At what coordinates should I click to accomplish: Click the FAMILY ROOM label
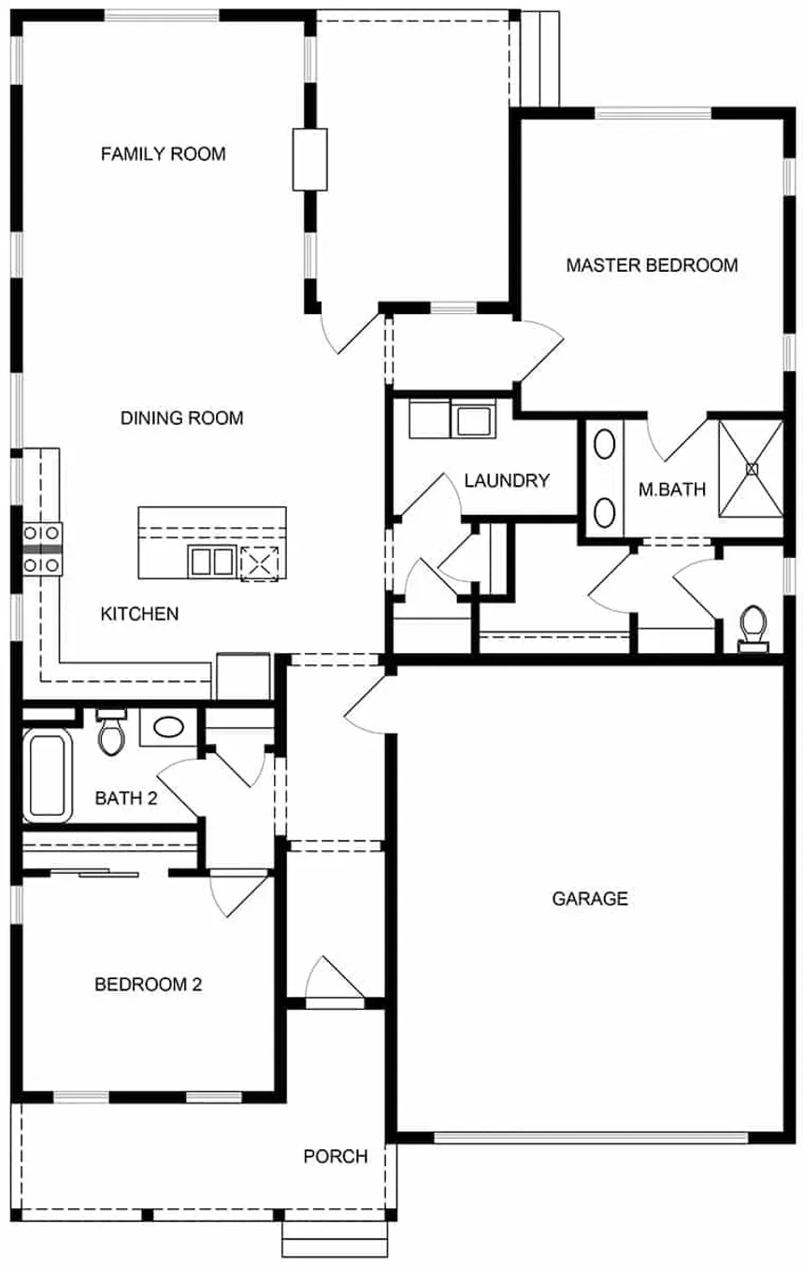pos(163,154)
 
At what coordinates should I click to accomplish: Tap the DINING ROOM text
pos(181,418)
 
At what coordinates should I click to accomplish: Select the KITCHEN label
pos(139,614)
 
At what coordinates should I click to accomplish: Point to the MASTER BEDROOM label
pos(652,265)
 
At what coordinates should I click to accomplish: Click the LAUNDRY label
pos(507,481)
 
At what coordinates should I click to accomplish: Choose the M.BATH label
pos(672,490)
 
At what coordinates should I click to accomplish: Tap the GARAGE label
pos(590,899)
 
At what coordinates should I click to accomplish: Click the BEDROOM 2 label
pos(148,985)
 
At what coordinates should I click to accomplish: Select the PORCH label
pos(336,1157)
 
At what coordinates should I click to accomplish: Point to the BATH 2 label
pos(125,798)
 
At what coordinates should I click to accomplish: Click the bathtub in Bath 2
pos(48,776)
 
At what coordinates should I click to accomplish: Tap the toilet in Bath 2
pos(111,733)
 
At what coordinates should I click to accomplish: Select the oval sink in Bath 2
pos(168,727)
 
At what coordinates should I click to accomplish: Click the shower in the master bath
pos(751,469)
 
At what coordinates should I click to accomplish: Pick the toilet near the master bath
pos(754,630)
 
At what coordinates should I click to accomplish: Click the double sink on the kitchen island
pos(212,562)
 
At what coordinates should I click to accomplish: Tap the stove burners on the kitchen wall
pos(42,549)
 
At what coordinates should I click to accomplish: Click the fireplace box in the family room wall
pos(309,160)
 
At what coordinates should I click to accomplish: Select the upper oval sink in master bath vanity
pos(604,445)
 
